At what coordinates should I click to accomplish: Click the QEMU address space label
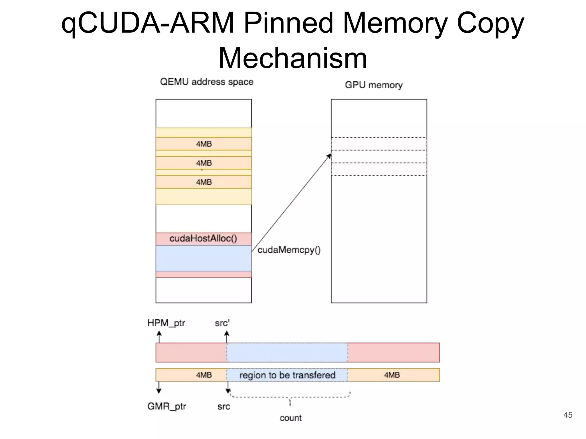pyautogui.click(x=207, y=82)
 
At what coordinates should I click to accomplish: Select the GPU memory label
pyautogui.click(x=374, y=85)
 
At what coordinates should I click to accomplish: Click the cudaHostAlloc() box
pyautogui.click(x=203, y=239)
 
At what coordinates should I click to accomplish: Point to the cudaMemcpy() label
pyautogui.click(x=289, y=250)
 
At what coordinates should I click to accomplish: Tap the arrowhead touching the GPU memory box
pyautogui.click(x=329, y=156)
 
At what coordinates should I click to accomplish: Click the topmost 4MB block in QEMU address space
pyautogui.click(x=204, y=144)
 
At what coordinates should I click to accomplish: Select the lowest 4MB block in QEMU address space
pyautogui.click(x=204, y=182)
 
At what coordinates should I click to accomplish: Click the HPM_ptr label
pyautogui.click(x=166, y=323)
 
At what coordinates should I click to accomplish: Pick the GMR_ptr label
pyautogui.click(x=167, y=406)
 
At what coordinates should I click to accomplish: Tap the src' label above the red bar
pyautogui.click(x=222, y=323)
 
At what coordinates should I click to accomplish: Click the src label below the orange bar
pyautogui.click(x=223, y=406)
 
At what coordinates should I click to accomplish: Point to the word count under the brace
pyautogui.click(x=291, y=418)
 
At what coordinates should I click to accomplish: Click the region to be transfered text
pyautogui.click(x=287, y=375)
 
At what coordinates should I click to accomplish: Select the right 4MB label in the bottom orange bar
pyautogui.click(x=392, y=375)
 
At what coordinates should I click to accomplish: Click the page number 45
pyautogui.click(x=568, y=415)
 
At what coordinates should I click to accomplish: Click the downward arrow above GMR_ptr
pyautogui.click(x=159, y=388)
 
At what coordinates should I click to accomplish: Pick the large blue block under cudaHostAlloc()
pyautogui.click(x=203, y=258)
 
